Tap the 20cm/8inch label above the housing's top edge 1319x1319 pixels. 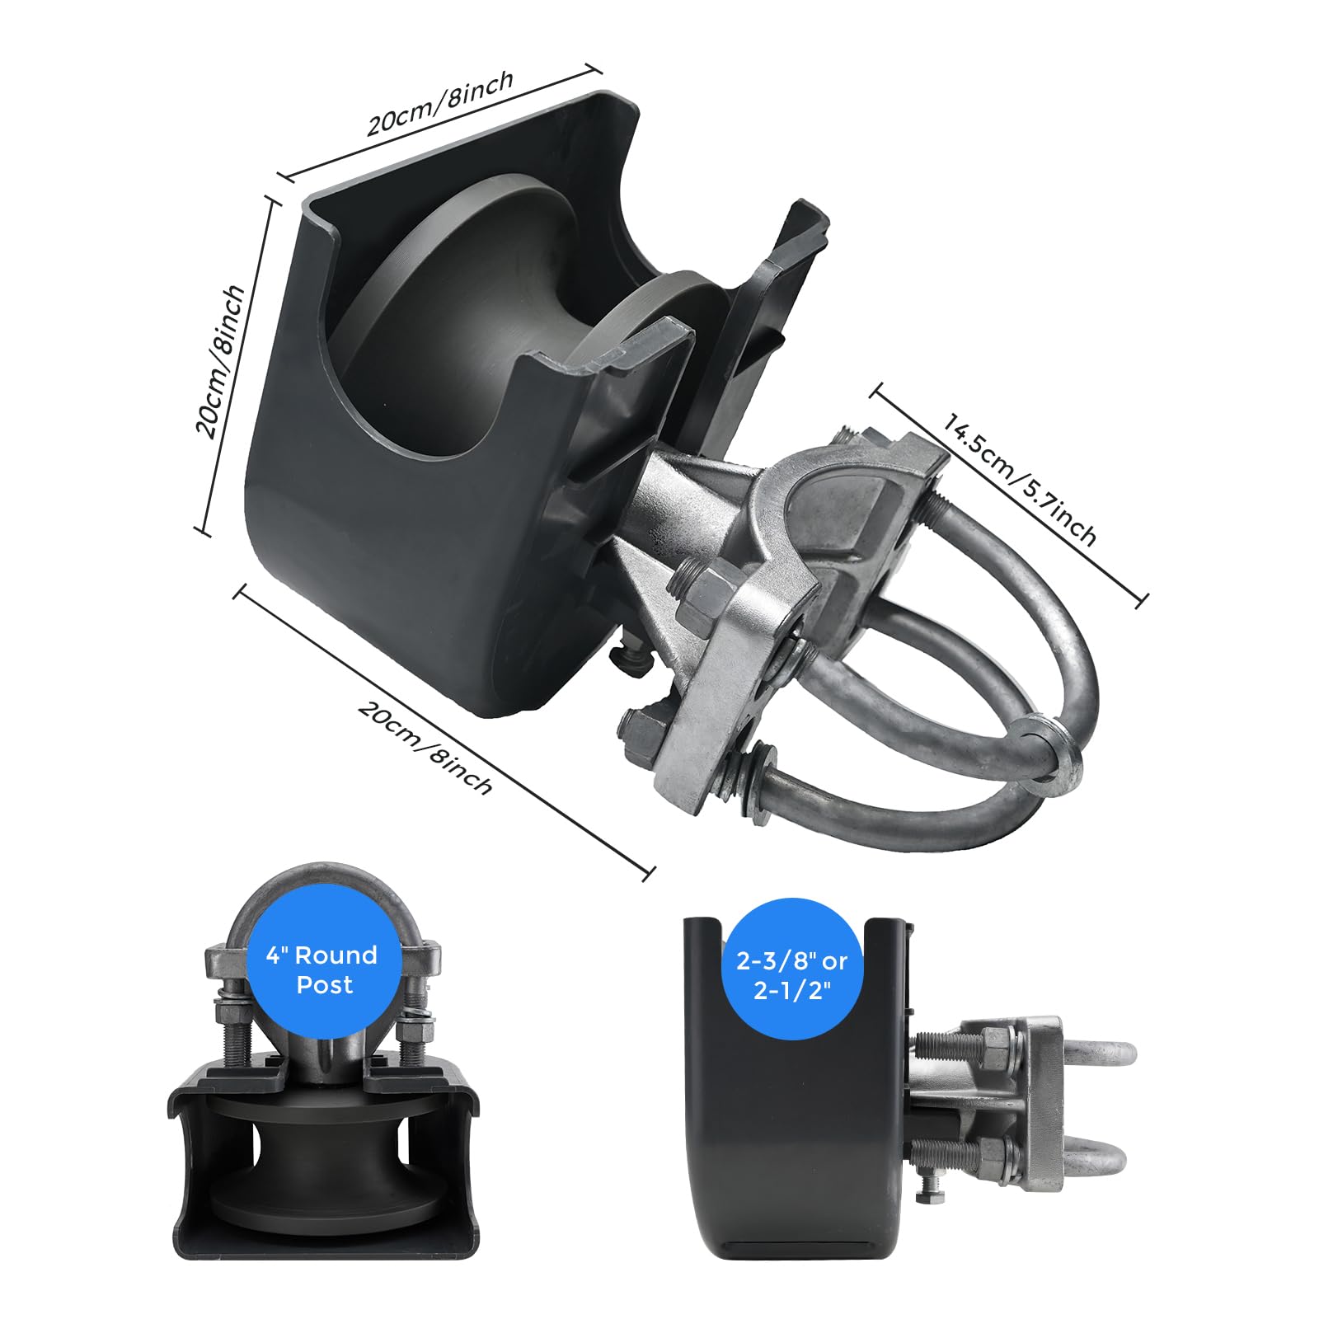click(440, 103)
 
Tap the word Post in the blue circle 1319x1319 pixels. click(325, 985)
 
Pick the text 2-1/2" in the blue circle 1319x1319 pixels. click(792, 990)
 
